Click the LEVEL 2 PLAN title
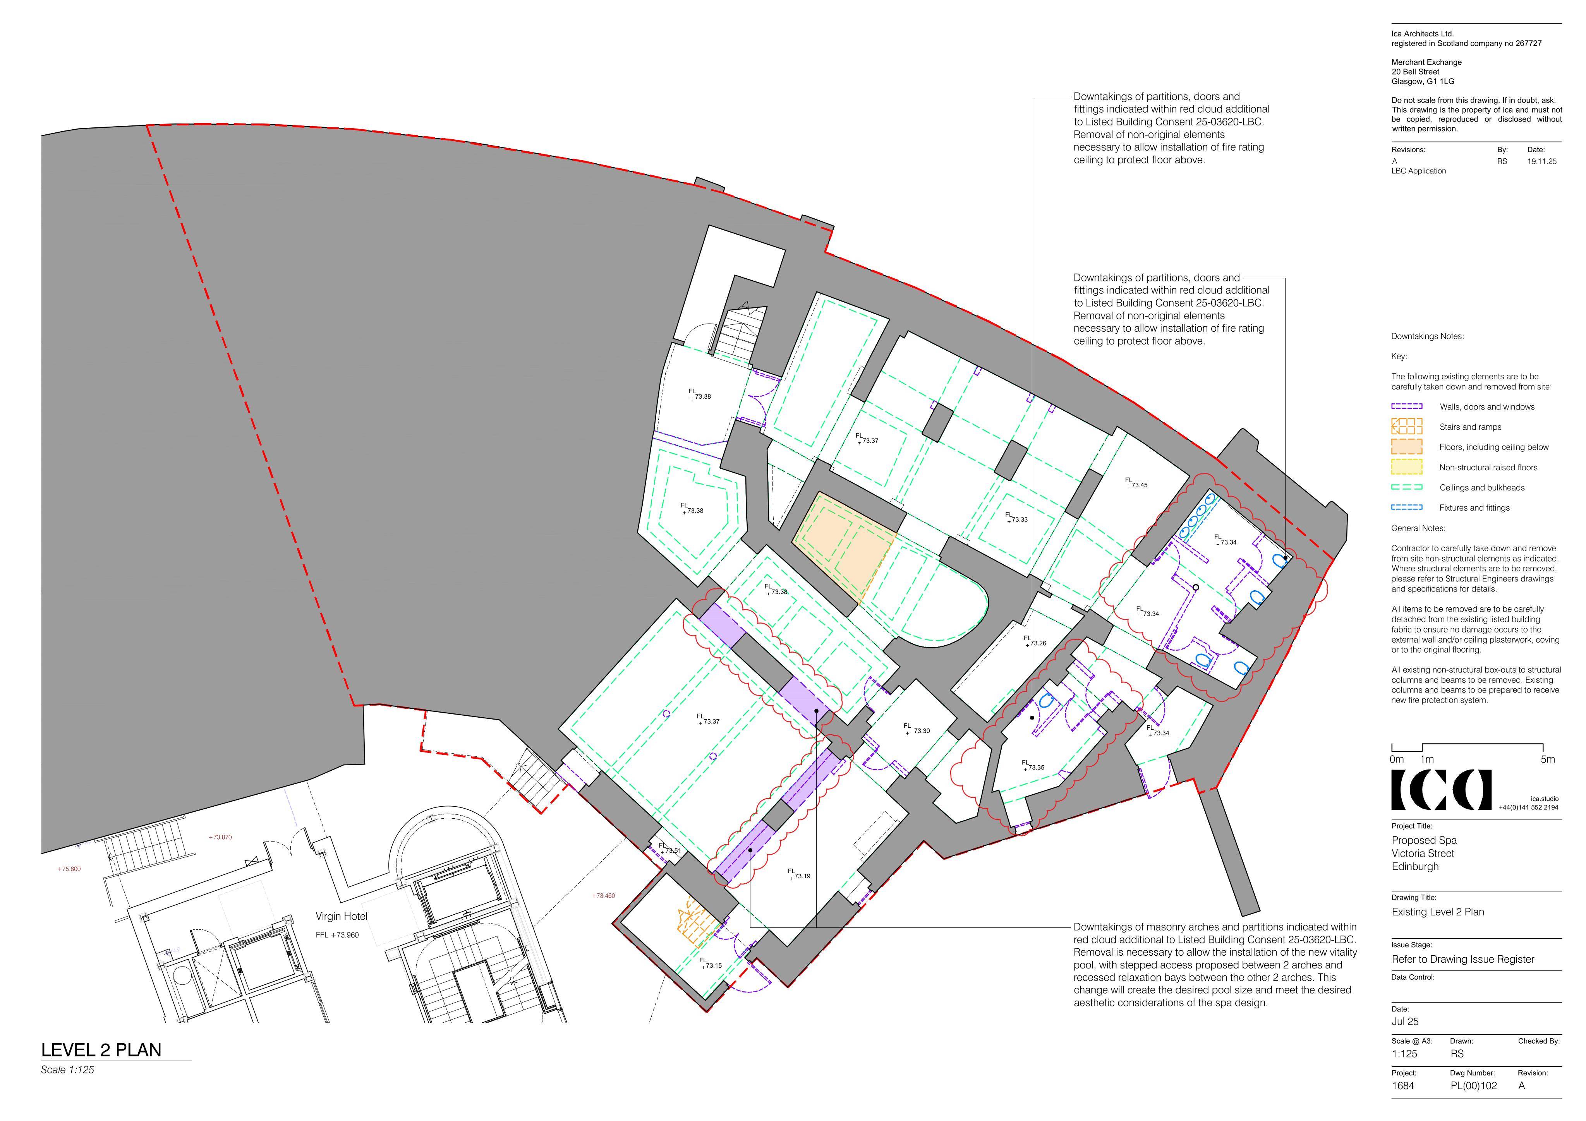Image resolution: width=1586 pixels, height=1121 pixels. point(101,1050)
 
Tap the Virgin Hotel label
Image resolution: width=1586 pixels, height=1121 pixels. point(341,917)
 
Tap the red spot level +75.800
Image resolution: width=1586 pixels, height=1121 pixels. point(69,869)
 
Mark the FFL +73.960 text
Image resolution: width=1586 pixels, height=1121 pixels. point(337,935)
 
